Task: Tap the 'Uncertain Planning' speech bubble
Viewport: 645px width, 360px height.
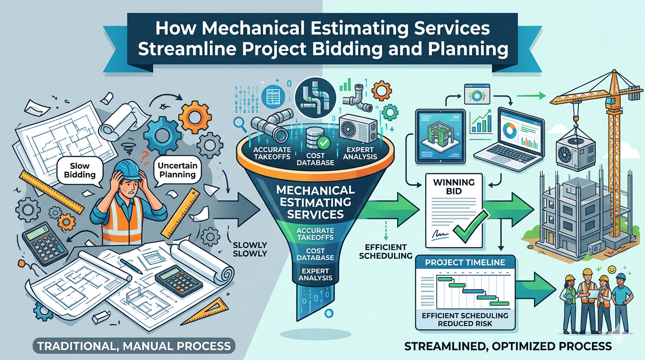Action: coord(177,169)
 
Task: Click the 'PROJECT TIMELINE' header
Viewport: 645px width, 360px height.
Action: coord(465,263)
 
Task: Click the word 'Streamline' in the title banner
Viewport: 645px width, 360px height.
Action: coord(180,49)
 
